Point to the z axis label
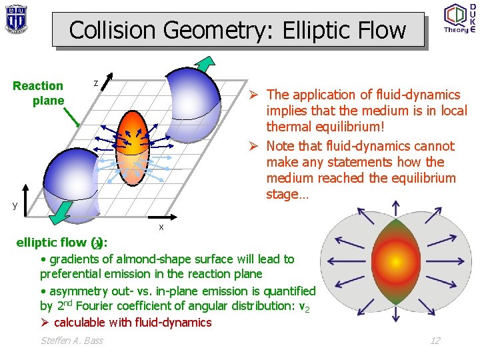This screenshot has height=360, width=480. [x=96, y=83]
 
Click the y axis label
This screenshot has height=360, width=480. [x=15, y=205]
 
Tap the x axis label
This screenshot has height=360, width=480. [x=161, y=227]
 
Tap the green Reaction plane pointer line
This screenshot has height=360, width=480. [x=72, y=117]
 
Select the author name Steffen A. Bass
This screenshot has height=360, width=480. [x=71, y=341]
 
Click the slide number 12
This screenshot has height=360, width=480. [x=435, y=341]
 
